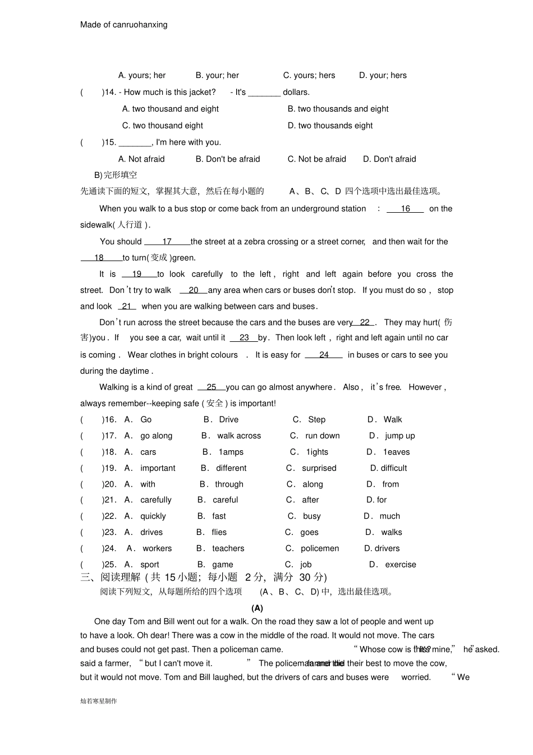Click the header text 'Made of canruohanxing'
123,25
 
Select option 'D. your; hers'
383,75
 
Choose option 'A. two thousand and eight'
170,109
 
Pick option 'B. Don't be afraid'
228,159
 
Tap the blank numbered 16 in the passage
405,209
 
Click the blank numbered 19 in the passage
136,274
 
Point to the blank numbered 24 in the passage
324,355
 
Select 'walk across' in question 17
239,436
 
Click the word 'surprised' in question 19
319,468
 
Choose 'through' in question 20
229,484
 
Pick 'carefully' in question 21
156,500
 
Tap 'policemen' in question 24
320,548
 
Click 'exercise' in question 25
401,565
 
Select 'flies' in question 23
219,532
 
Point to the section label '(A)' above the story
257,608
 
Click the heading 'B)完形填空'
116,175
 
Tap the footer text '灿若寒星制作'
99,701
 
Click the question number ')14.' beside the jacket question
109,92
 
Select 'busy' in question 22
312,516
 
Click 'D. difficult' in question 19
388,468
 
